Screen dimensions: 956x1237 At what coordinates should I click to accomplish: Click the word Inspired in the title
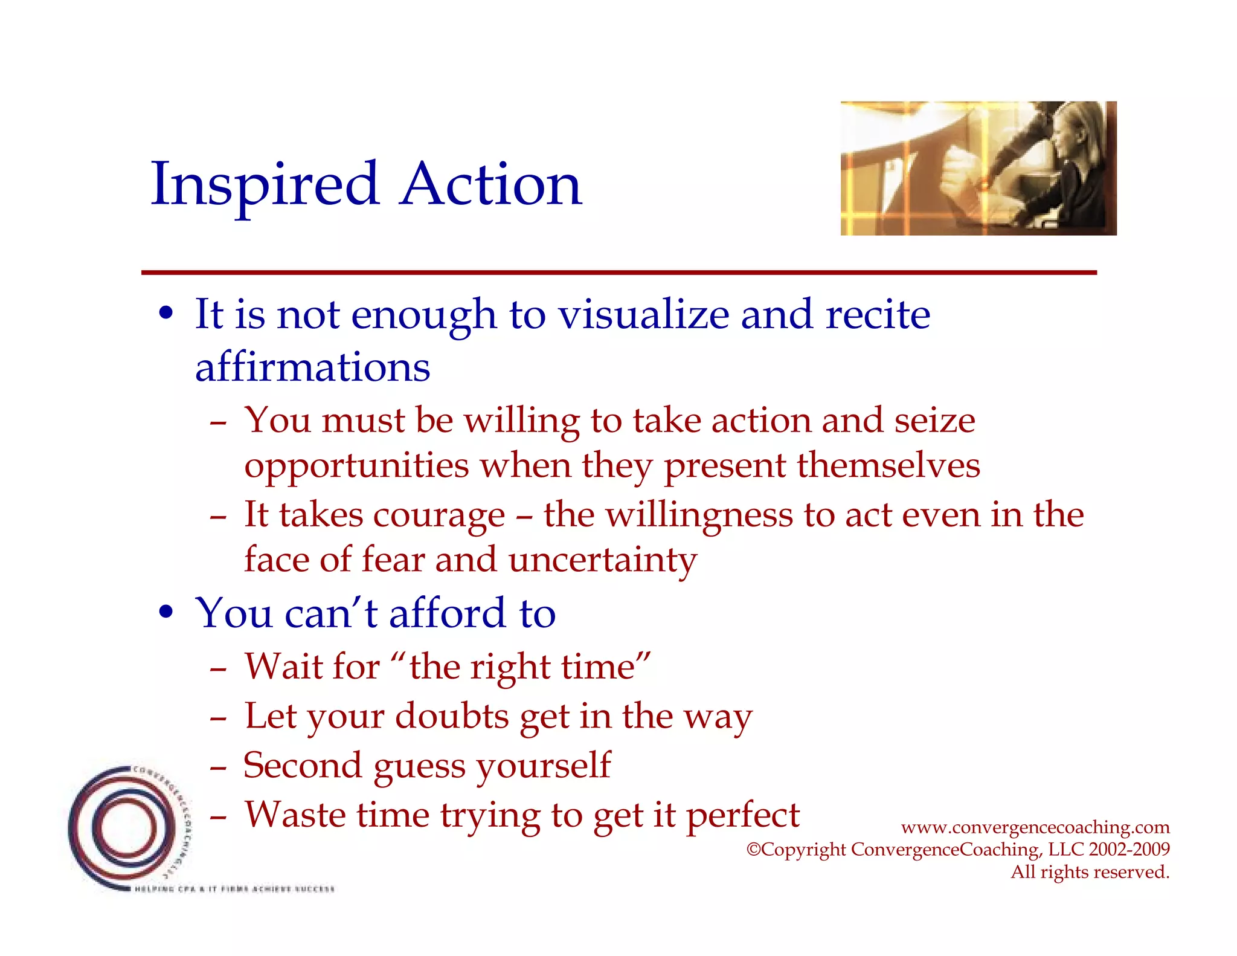[x=265, y=184]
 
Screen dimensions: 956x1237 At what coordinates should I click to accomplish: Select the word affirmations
[x=312, y=367]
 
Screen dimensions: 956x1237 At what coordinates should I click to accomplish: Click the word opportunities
[x=356, y=466]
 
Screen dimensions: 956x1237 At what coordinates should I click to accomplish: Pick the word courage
[x=439, y=515]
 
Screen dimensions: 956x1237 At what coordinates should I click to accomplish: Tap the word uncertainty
[x=602, y=560]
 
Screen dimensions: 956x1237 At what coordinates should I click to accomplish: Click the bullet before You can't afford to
[x=166, y=612]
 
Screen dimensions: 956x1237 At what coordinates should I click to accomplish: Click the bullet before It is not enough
[x=166, y=314]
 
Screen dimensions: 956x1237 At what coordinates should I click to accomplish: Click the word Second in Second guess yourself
[x=303, y=766]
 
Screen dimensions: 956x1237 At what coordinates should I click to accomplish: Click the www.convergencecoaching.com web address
[x=1035, y=827]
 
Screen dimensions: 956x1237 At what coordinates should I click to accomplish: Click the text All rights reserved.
[x=1090, y=872]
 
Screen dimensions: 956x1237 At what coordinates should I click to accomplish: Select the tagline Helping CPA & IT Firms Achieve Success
[x=234, y=889]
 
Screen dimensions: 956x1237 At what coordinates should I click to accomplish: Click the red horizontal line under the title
[x=618, y=273]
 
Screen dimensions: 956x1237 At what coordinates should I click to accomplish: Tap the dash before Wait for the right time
[x=218, y=670]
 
